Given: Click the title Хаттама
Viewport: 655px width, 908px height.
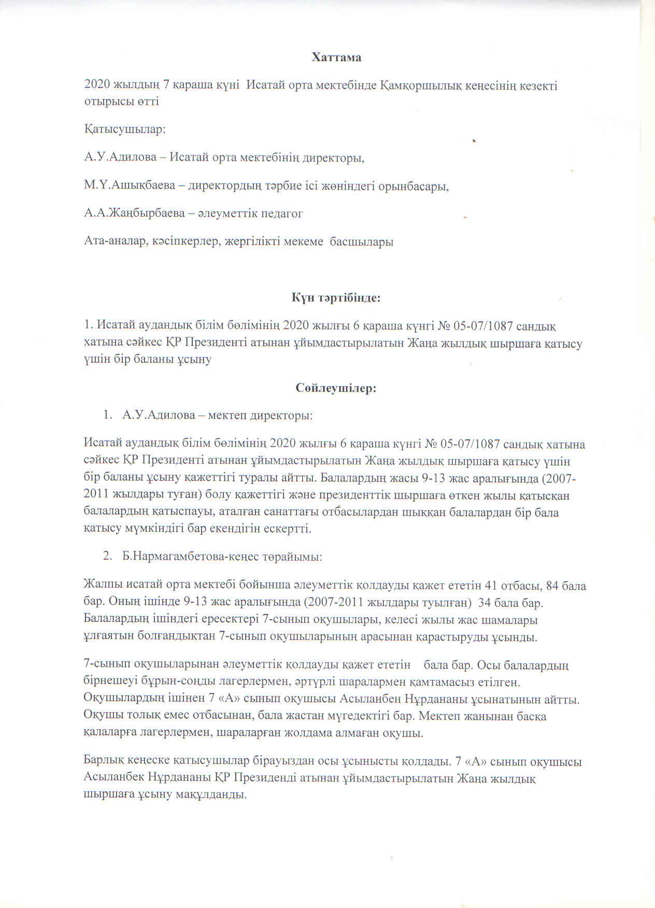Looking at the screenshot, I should tap(336, 58).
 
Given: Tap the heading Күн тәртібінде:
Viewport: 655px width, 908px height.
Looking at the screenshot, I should tap(336, 298).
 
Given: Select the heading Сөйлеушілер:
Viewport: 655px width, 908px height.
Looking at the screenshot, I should tap(336, 388).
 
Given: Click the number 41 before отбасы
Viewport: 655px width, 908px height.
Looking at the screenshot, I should tap(490, 586).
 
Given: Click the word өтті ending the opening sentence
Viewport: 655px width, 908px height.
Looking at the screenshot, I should tap(147, 101).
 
